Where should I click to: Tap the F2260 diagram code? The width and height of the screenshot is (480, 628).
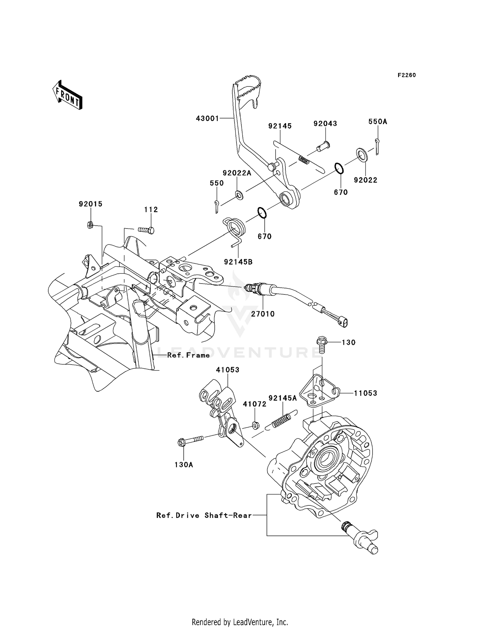pos(406,75)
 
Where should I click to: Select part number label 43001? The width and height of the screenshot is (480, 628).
pos(207,119)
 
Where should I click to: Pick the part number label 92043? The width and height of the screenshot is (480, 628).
pos(325,124)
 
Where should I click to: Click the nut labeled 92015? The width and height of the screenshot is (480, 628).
pos(90,225)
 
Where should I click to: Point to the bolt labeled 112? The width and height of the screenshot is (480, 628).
pos(146,230)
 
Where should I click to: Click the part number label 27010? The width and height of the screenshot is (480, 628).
pos(263,314)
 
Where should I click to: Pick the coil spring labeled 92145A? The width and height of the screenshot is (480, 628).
pos(282,420)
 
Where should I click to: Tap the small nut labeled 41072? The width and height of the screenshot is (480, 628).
pos(255,425)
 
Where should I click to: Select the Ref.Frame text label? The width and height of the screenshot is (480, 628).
pos(188,355)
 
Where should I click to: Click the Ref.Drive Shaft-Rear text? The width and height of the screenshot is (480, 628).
pos(204,516)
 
